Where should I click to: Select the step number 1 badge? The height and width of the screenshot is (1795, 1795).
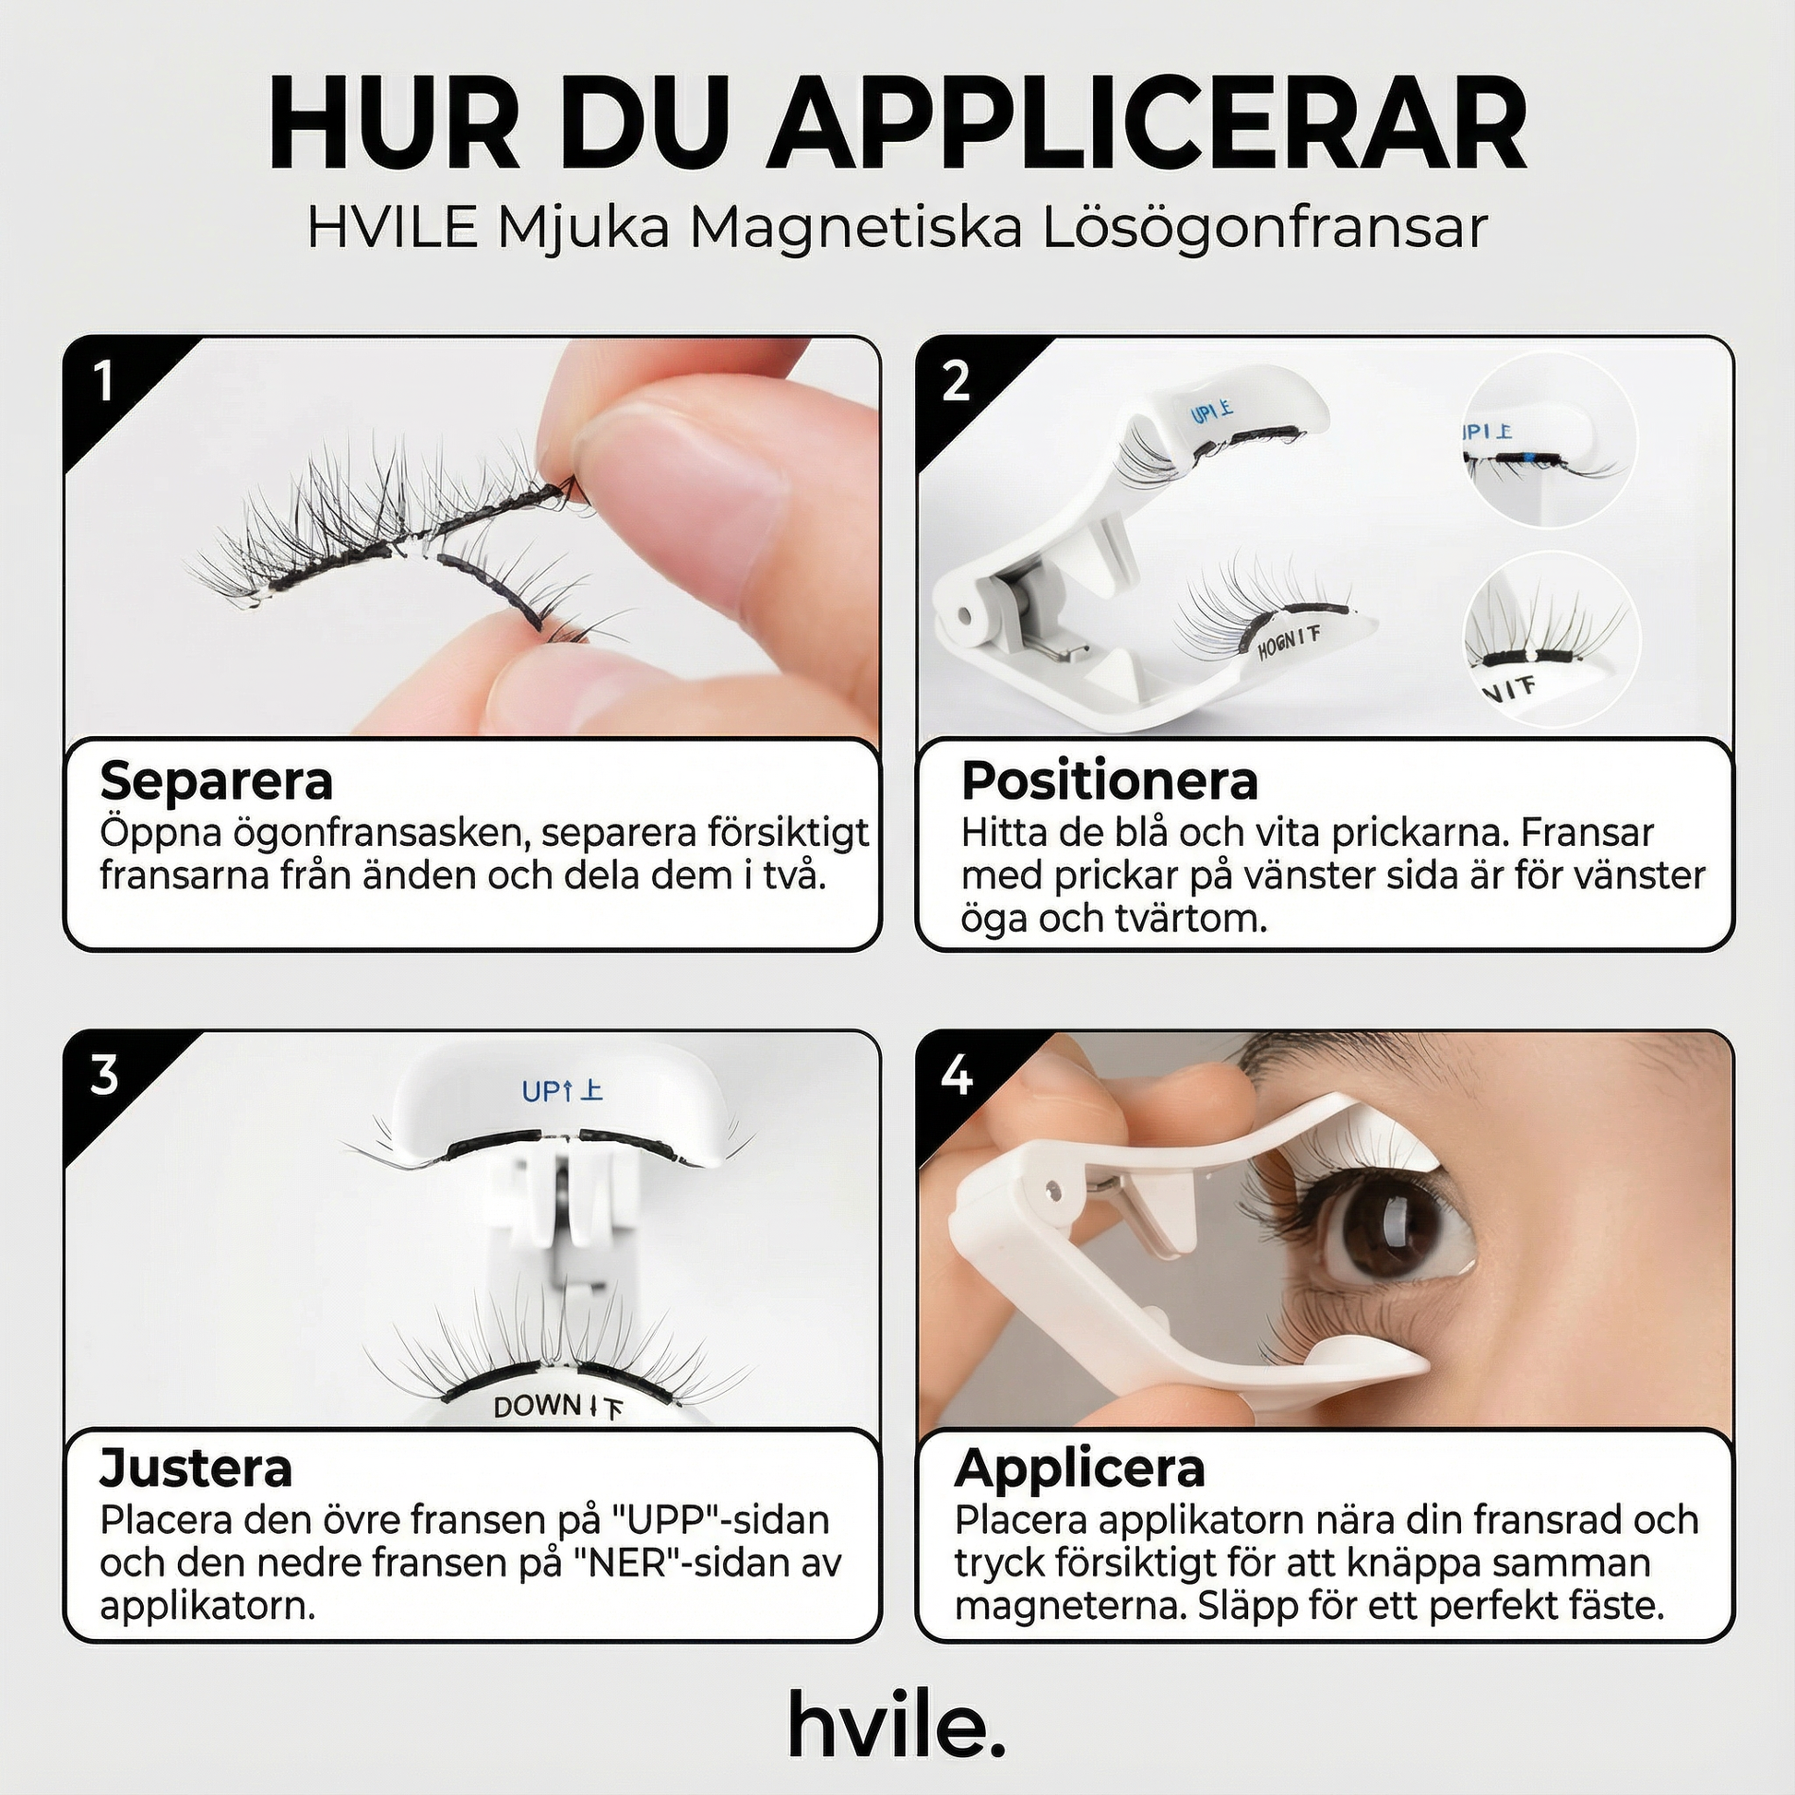pos(104,381)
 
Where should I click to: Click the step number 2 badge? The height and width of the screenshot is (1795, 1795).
pos(956,381)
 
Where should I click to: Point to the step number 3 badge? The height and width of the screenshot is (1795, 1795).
pos(104,1075)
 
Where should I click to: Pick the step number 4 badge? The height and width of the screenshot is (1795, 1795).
pos(957,1075)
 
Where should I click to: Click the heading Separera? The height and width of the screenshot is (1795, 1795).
pos(216,780)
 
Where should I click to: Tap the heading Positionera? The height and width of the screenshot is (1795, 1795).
pos(1110,780)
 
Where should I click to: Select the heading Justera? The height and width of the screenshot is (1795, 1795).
pos(196,1468)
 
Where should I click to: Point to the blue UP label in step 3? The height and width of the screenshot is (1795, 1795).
pos(542,1091)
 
